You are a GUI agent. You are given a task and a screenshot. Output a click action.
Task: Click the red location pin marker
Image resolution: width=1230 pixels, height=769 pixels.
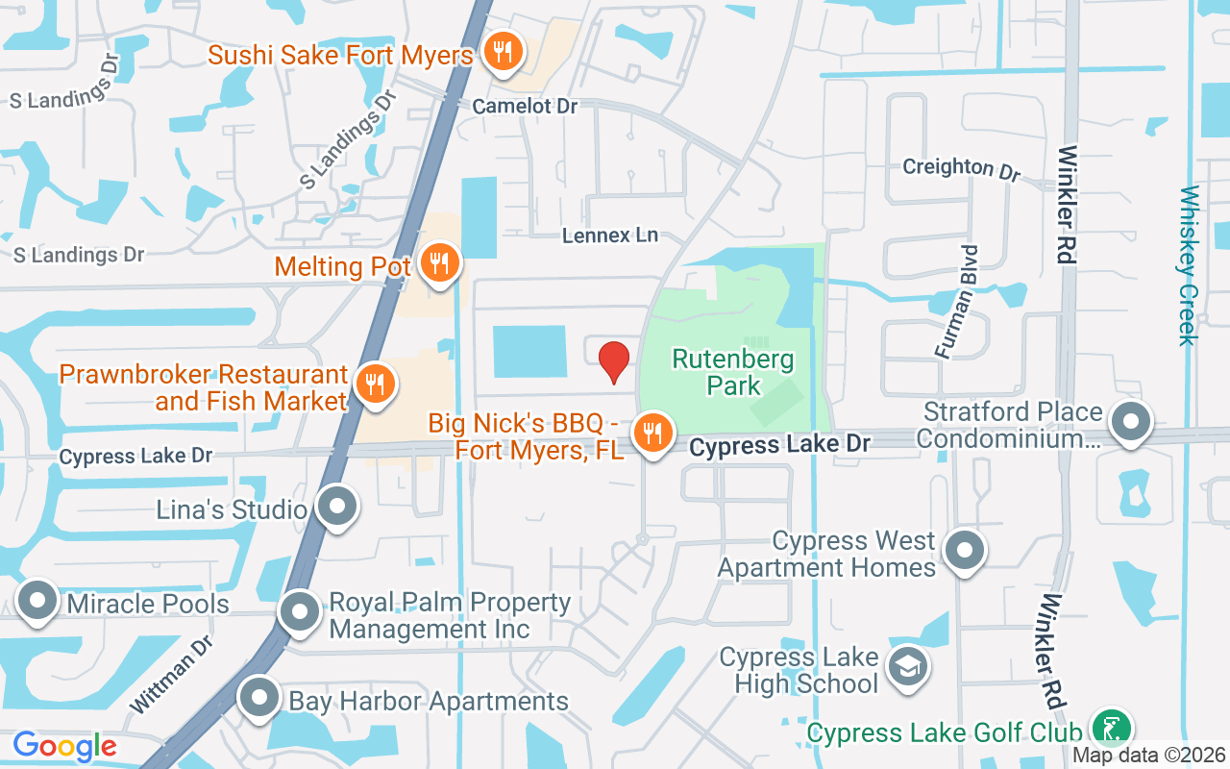[613, 361]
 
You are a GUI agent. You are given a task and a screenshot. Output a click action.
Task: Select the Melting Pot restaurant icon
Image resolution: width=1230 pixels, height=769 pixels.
[439, 262]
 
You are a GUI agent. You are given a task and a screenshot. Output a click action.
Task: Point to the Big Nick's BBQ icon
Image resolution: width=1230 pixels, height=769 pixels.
[653, 434]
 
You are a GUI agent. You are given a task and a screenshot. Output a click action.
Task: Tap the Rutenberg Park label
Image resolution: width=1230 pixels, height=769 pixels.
[732, 373]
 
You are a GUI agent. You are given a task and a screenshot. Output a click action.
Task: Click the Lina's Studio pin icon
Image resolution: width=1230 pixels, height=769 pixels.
[337, 508]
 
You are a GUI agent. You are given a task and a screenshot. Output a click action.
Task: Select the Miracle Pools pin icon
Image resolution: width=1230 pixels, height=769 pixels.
[38, 601]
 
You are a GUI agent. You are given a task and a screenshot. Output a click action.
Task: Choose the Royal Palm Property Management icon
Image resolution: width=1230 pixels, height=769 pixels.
[300, 611]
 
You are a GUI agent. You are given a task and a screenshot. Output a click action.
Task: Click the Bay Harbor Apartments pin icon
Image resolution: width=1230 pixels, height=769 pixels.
[259, 699]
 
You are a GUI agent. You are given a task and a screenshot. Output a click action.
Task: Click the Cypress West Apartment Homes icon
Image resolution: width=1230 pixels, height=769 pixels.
[965, 552]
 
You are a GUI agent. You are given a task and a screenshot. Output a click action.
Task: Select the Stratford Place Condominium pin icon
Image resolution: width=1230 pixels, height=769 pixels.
[1131, 420]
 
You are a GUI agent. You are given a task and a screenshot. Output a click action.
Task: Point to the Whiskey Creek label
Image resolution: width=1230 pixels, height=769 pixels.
[1189, 265]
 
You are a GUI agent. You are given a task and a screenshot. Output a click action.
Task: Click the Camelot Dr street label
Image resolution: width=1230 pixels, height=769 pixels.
[525, 106]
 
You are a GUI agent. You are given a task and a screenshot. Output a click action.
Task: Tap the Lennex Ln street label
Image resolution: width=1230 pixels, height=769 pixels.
[610, 235]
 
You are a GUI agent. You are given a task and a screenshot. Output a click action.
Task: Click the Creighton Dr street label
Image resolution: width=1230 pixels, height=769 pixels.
[960, 167]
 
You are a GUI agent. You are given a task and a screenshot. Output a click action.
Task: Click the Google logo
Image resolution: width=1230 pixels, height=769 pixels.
[64, 745]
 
